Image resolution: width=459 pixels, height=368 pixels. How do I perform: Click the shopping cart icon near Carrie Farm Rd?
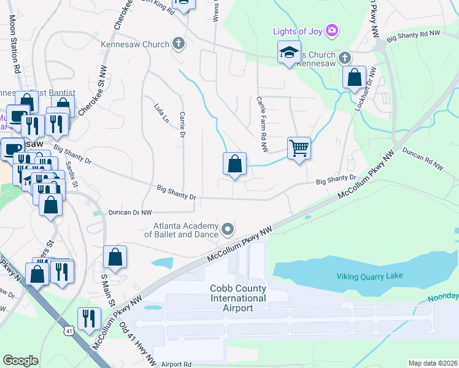coord(299,147)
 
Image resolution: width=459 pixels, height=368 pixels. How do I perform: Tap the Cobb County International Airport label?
coord(238,298)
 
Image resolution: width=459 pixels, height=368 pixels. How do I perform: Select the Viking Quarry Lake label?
coord(369,276)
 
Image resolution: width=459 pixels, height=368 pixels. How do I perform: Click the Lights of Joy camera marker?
coord(332,30)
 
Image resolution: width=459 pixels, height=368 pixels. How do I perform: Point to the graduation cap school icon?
coord(289,53)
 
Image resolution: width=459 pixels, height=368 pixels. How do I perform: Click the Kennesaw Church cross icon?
coord(178,44)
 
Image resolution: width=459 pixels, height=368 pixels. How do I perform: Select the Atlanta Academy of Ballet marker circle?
coord(228,229)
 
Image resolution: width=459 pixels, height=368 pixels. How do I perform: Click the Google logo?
coord(21,360)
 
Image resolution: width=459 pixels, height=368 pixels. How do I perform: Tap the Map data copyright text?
coord(433,363)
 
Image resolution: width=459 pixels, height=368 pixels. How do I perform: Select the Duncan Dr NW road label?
coord(129,213)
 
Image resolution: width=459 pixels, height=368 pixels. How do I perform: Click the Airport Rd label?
coord(177,364)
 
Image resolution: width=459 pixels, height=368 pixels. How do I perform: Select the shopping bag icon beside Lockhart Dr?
coord(354,78)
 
